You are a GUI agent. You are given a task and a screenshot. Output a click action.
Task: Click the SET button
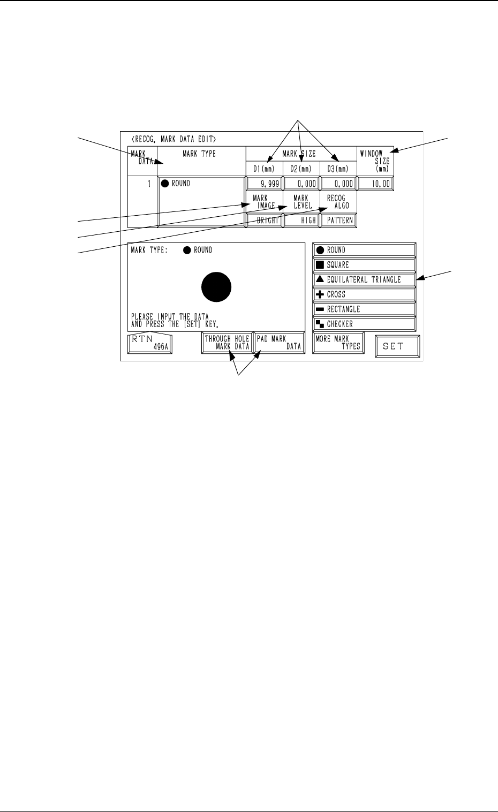point(397,346)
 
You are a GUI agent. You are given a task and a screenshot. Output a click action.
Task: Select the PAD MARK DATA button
point(278,343)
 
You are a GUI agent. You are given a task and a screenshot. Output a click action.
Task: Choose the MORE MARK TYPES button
point(337,343)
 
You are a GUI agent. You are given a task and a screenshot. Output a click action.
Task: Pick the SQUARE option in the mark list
point(364,264)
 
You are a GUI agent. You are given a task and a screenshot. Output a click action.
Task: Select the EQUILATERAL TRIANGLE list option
point(364,279)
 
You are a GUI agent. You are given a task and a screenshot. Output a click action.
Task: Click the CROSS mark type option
point(364,294)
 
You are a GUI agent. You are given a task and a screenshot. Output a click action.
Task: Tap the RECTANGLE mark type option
point(364,309)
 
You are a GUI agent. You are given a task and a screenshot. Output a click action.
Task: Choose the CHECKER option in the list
point(364,324)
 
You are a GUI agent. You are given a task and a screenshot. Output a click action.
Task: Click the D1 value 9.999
point(265,184)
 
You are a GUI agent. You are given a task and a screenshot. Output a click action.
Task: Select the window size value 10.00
point(375,184)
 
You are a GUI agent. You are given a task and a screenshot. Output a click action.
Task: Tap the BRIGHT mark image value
point(265,220)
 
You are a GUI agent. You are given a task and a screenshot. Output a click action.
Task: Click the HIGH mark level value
point(301,220)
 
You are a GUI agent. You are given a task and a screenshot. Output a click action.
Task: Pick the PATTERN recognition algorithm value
point(338,220)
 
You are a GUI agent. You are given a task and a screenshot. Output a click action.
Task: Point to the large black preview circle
point(216,287)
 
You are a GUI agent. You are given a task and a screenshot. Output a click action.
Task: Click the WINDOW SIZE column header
point(375,161)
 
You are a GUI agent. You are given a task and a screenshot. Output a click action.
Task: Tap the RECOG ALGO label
point(338,202)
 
